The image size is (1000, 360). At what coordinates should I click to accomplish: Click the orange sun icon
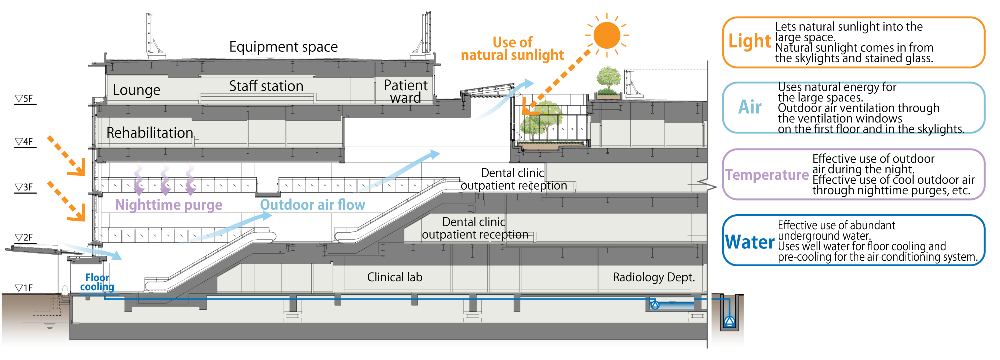point(607,35)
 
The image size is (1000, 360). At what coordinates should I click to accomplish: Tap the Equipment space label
point(283,47)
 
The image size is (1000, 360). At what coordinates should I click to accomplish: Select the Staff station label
point(266,86)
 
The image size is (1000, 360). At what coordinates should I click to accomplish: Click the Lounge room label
point(136,90)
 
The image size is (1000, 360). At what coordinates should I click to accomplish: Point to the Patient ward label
point(405,91)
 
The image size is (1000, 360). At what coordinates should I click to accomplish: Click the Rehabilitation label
point(149,133)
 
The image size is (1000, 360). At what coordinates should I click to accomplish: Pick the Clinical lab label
point(394,277)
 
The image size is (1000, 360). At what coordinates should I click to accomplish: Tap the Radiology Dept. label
point(653,277)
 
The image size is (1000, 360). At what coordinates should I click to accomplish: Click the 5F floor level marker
point(24,99)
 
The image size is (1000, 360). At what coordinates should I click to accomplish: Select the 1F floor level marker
point(24,288)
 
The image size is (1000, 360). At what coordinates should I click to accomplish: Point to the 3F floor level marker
point(24,188)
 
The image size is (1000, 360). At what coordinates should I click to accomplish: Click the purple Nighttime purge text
point(168,205)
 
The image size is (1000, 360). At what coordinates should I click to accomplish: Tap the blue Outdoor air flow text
point(312,205)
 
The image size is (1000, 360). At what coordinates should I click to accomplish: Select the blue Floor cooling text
point(97,282)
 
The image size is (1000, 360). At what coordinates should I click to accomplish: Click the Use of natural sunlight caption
point(512,49)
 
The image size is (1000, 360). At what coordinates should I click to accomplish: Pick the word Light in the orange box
point(749,41)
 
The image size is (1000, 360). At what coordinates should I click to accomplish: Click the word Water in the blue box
point(749,242)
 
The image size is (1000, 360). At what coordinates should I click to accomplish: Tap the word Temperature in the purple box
point(767,175)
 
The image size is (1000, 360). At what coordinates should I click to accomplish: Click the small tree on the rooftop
point(608,80)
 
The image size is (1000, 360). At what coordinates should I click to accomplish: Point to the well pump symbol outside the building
point(729,321)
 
